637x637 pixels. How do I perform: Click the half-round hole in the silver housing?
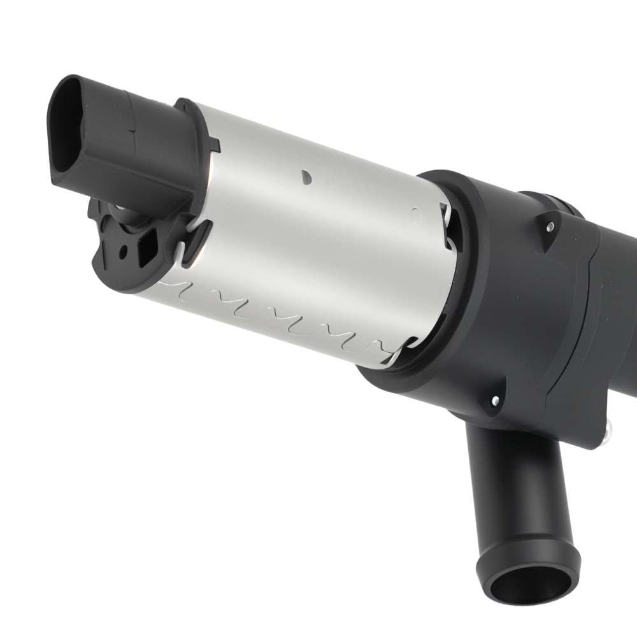tap(306, 173)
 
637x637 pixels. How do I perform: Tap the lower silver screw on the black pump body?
tap(496, 401)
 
